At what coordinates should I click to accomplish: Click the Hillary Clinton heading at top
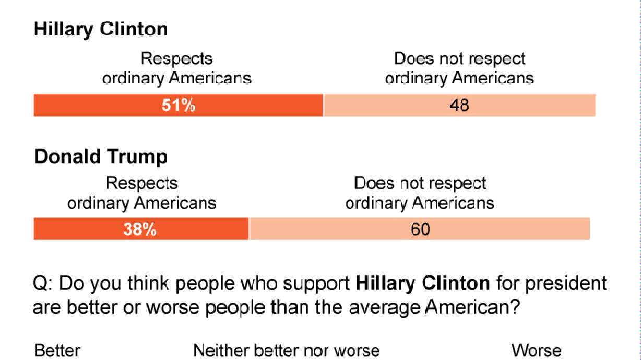tap(100, 29)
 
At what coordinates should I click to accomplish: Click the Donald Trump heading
tap(101, 157)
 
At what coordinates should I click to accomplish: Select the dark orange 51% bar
tap(178, 105)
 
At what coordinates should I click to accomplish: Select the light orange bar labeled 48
tap(459, 105)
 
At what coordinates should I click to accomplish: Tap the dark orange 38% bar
tap(141, 230)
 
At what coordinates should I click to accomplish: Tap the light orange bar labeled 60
tap(420, 230)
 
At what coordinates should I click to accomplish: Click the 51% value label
tap(178, 105)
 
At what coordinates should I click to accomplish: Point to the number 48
tap(459, 105)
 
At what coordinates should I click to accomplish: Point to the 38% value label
tap(140, 230)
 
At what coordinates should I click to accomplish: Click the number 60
tap(420, 230)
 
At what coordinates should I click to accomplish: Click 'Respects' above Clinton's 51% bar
tap(177, 58)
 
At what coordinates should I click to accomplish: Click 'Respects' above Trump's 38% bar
tap(141, 183)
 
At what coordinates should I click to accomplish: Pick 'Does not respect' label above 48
tap(459, 58)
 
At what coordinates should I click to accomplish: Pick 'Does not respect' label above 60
tap(420, 183)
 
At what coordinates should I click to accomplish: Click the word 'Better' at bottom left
tap(57, 350)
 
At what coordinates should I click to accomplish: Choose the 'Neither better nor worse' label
tap(287, 350)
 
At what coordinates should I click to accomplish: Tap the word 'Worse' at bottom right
tap(536, 350)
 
